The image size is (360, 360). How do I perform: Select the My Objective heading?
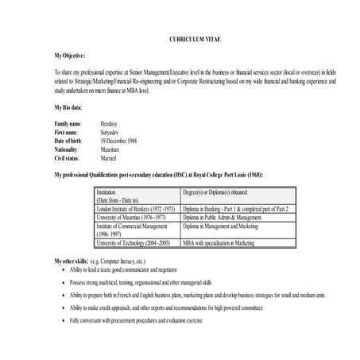click(72, 56)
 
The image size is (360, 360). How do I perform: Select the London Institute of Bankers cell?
click(134, 208)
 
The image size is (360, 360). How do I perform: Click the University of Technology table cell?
click(133, 242)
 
